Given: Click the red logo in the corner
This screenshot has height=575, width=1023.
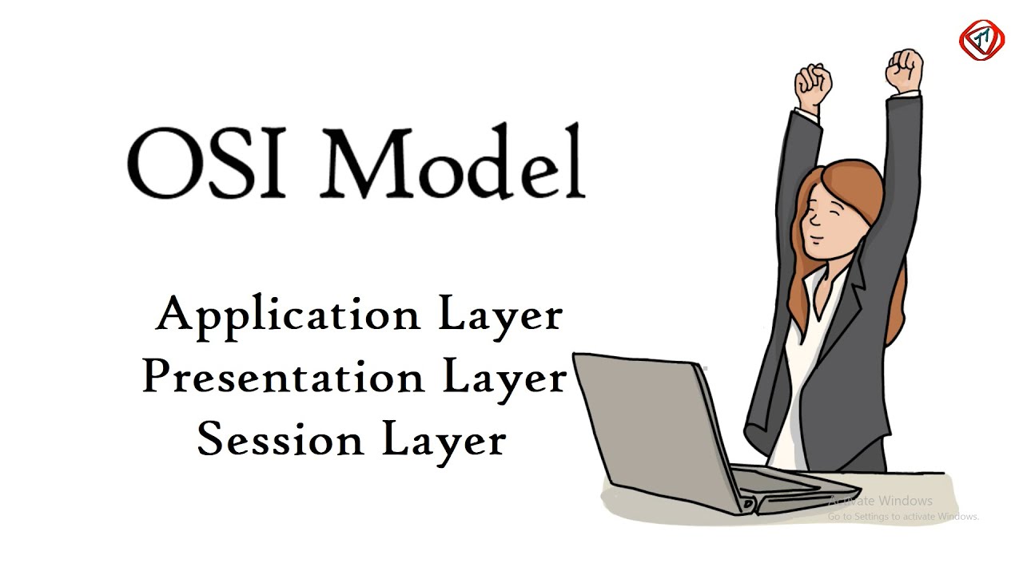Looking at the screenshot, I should (x=981, y=39).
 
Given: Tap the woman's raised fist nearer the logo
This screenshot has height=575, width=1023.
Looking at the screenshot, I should (x=904, y=69).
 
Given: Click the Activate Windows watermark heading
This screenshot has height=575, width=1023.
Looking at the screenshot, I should (x=881, y=501).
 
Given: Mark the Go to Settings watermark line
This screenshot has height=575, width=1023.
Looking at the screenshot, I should (x=903, y=517).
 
